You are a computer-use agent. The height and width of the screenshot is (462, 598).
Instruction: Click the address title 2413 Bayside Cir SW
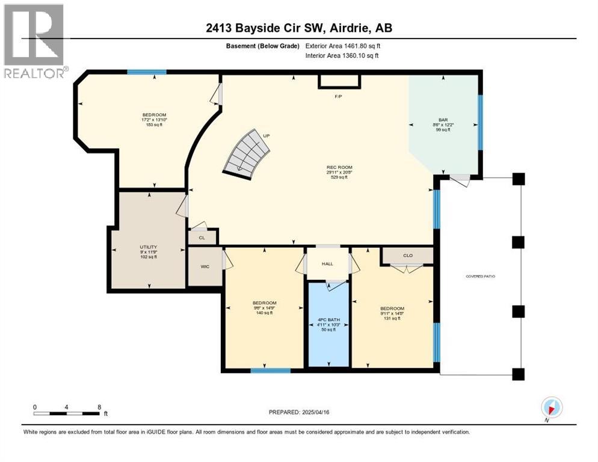(298, 28)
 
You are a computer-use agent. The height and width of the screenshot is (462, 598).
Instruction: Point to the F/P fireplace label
(338, 97)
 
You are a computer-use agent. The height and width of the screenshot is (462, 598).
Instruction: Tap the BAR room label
(443, 119)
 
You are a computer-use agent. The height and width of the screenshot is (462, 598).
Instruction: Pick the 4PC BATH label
(328, 319)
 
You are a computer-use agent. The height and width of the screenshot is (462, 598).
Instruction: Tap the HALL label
(327, 263)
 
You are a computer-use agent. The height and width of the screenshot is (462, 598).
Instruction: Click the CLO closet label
(407, 256)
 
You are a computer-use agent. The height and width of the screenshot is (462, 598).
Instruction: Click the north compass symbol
(551, 407)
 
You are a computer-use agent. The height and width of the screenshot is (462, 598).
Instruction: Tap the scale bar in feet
(67, 413)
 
